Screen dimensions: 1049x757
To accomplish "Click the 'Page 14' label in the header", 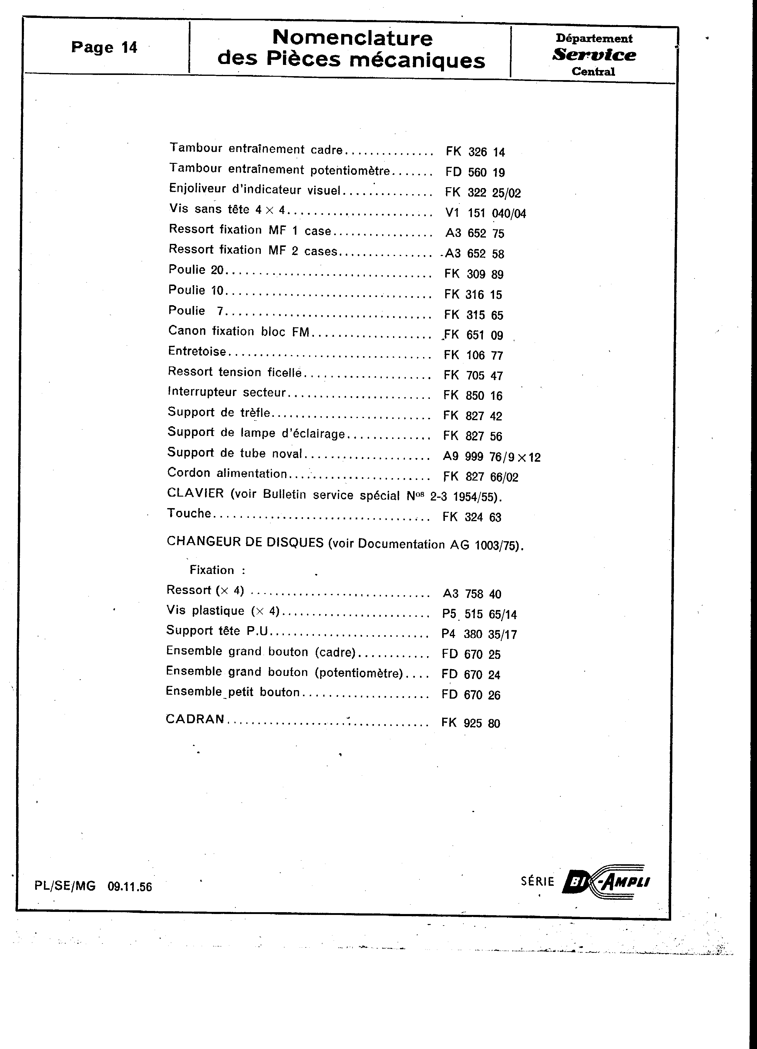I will click(x=104, y=47).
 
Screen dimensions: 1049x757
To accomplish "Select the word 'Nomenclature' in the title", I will click(x=352, y=38).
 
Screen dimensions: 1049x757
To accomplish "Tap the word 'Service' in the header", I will click(x=594, y=55).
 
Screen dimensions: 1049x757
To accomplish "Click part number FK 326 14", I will click(x=475, y=152).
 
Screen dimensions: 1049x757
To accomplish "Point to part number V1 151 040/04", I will click(x=485, y=213).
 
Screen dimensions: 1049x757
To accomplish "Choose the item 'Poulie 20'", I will click(x=196, y=270).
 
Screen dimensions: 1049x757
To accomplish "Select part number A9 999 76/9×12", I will click(x=491, y=457).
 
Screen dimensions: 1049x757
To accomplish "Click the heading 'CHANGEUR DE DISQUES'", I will click(x=245, y=542).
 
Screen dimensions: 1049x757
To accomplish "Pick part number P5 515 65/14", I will click(x=479, y=614).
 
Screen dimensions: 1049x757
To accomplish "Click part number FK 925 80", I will click(x=470, y=723).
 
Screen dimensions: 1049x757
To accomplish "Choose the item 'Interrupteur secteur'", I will click(x=227, y=392).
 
